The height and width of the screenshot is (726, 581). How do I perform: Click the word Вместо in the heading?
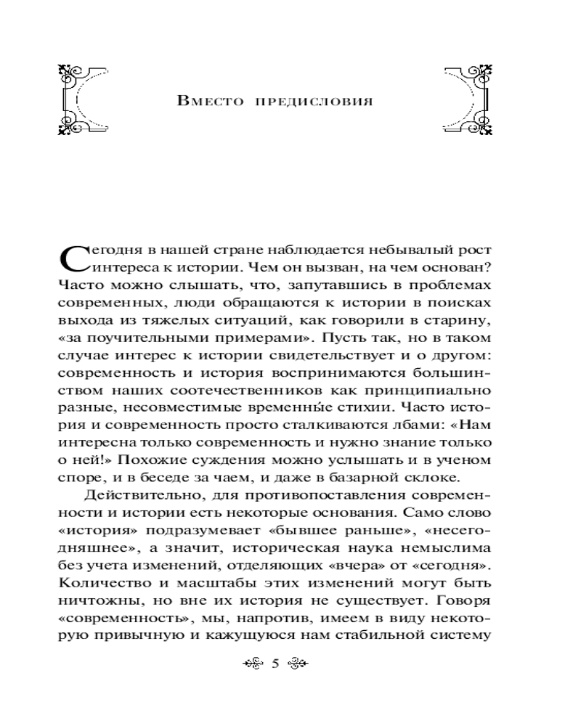coord(209,100)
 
